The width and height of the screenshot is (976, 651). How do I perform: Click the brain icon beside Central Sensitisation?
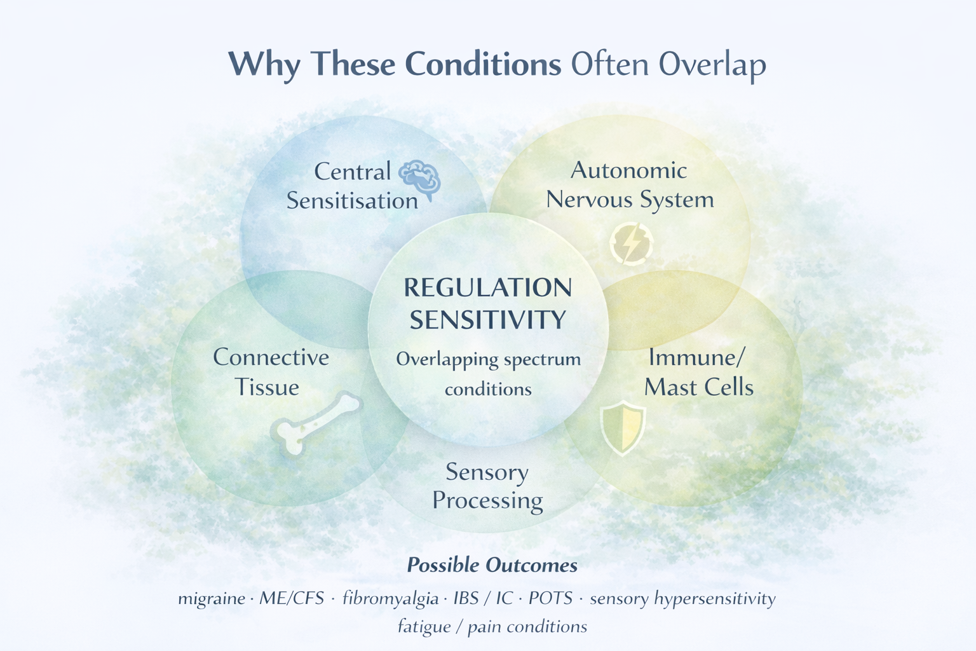click(x=419, y=179)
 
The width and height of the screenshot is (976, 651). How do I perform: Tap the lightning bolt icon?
click(x=631, y=243)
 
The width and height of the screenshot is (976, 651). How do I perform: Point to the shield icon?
click(x=623, y=427)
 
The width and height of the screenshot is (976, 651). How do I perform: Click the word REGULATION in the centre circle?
click(x=488, y=288)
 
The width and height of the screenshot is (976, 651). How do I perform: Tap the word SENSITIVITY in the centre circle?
click(x=488, y=320)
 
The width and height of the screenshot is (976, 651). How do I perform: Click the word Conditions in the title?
click(x=483, y=64)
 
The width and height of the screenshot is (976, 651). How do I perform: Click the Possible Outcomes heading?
click(x=492, y=565)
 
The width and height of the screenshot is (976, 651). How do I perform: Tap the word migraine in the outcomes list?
click(x=212, y=599)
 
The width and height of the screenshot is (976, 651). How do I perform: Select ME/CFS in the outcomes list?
click(x=292, y=598)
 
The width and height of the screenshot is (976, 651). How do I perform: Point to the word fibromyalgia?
click(x=390, y=599)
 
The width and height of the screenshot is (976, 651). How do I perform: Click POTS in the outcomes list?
click(x=550, y=598)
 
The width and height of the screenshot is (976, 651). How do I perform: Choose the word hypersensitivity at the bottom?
click(x=715, y=599)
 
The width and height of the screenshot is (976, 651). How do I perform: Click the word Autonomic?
click(x=628, y=170)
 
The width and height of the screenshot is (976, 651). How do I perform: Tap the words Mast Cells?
click(x=699, y=387)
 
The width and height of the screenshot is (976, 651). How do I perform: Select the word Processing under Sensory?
click(x=487, y=500)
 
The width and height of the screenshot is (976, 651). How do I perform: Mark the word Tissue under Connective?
click(x=267, y=387)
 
